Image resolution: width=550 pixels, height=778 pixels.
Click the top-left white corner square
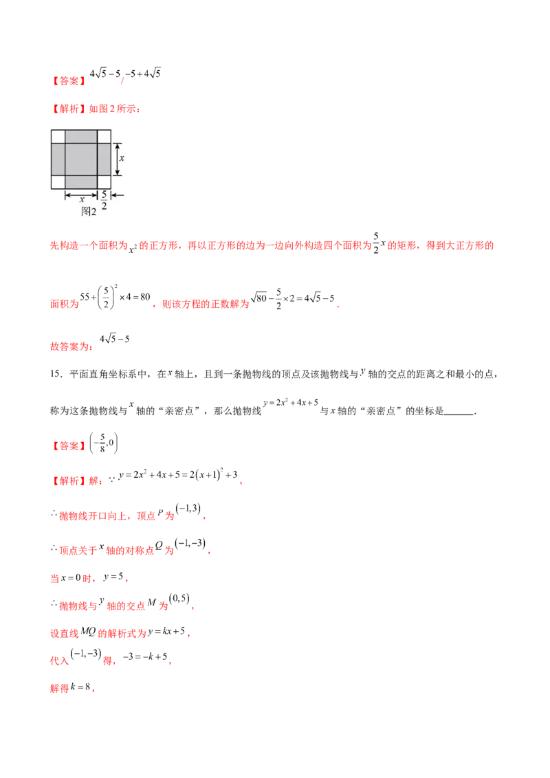(58, 136)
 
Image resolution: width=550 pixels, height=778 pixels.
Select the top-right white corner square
(104, 136)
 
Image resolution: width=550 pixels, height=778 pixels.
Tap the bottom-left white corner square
(58, 181)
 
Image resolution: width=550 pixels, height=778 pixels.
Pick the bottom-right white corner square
(104, 181)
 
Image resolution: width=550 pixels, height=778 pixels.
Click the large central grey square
(81, 159)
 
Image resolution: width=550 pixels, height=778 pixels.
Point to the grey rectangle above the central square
(81, 136)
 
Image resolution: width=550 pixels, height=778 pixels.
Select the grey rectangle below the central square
(81, 181)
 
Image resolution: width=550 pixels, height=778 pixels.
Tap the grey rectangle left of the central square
(58, 159)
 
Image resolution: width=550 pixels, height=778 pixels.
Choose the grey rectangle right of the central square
(104, 159)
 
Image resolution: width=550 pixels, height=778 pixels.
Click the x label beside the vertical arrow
(122, 158)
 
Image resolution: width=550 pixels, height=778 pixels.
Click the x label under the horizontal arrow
(82, 199)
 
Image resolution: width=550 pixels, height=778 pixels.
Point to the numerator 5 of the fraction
(104, 194)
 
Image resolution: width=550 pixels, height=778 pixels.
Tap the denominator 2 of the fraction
(104, 205)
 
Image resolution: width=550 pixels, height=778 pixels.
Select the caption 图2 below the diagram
(89, 212)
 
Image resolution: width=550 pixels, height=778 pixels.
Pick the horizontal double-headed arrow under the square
(81, 195)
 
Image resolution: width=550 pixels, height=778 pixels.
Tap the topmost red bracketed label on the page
(69, 81)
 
